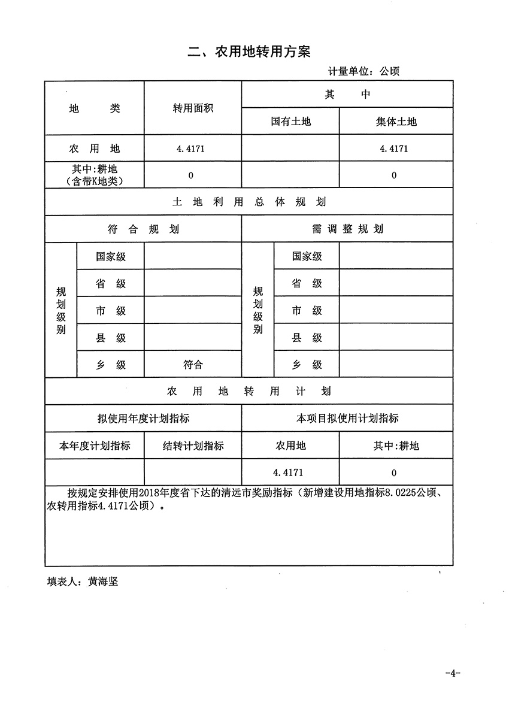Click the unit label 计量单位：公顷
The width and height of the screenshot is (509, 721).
tap(363, 71)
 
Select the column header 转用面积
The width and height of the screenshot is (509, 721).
tap(193, 108)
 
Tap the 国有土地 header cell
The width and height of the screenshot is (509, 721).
tap(290, 122)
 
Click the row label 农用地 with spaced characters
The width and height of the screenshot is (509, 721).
tap(95, 149)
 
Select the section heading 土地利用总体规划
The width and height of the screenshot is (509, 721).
tap(249, 202)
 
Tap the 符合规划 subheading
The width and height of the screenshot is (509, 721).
tap(143, 229)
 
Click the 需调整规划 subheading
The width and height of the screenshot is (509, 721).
tap(347, 229)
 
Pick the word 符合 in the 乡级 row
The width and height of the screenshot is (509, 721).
tap(193, 365)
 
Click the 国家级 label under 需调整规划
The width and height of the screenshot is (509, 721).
tap(307, 257)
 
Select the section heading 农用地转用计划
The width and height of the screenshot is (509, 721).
tap(249, 392)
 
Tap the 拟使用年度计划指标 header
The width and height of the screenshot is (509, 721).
tap(143, 419)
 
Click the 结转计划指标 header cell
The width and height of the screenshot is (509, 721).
tap(193, 446)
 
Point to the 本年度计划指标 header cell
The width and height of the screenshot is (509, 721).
tap(95, 446)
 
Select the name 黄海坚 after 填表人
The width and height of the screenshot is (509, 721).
tap(103, 581)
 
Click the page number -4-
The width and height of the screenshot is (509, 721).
tap(452, 673)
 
